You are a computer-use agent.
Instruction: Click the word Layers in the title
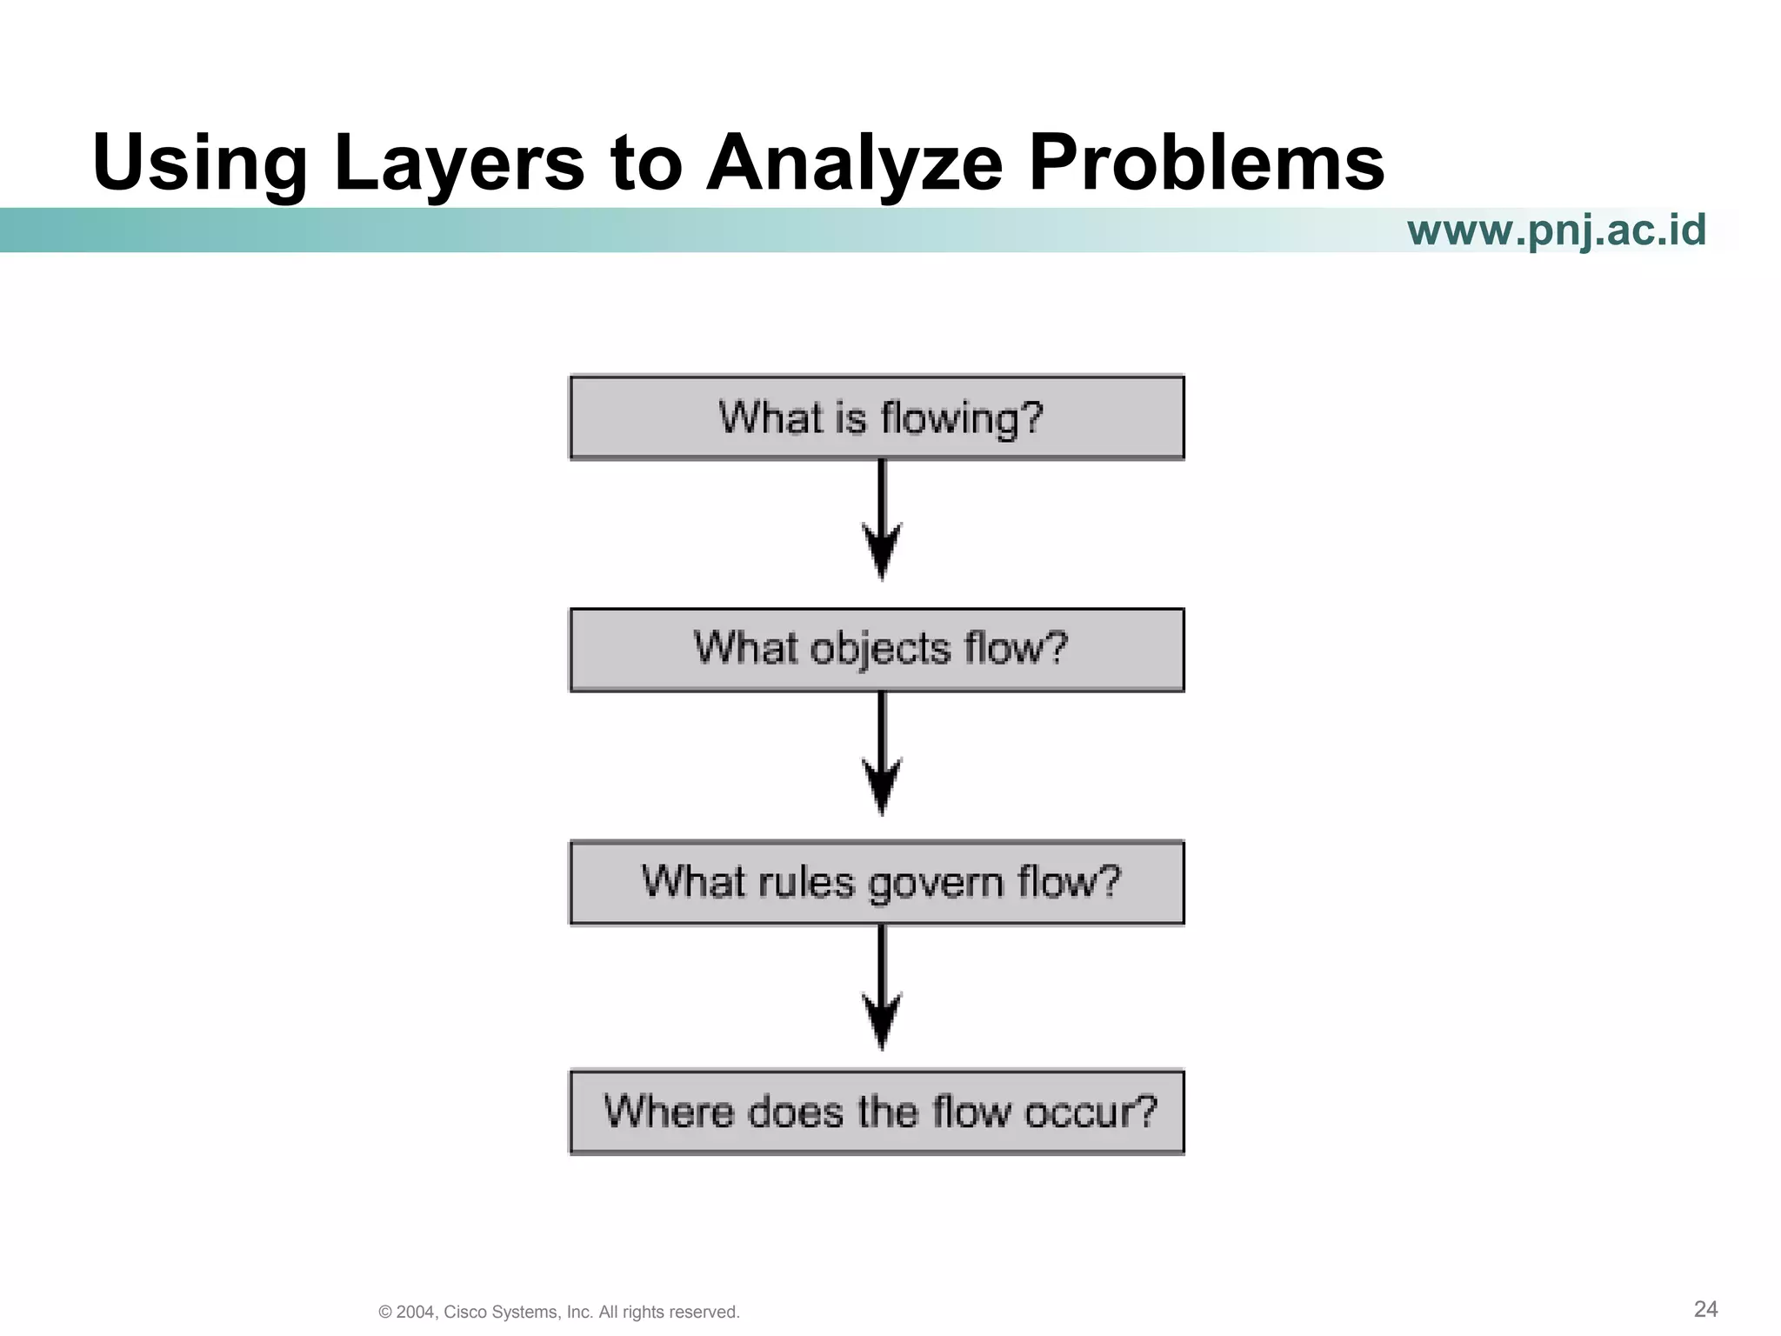click(x=458, y=163)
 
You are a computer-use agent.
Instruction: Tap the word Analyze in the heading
click(x=854, y=163)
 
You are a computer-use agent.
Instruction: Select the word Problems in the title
click(x=1206, y=163)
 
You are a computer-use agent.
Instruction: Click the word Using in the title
click(x=200, y=163)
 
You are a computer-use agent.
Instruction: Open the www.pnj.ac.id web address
click(x=1556, y=230)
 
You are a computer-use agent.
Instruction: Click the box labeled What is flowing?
click(x=877, y=417)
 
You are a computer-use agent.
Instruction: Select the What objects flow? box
click(x=877, y=650)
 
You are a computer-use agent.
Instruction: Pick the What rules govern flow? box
click(x=877, y=882)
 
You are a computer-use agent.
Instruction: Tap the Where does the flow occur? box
click(x=877, y=1112)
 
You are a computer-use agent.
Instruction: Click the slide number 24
click(x=1705, y=1308)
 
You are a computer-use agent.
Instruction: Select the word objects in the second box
click(x=880, y=650)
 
